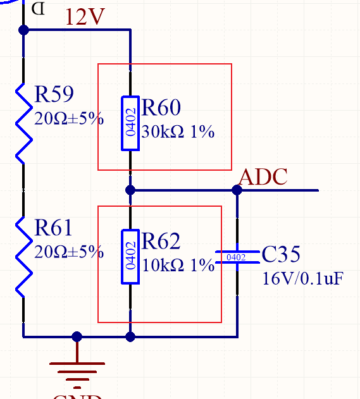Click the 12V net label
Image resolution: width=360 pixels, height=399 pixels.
(85, 17)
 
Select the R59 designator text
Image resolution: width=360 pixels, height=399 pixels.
(54, 95)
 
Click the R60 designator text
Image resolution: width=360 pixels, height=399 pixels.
(161, 108)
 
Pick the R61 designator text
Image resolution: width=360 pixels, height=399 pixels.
(54, 228)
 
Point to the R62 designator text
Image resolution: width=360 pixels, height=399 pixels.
(161, 242)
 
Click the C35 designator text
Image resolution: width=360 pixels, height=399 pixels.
(281, 255)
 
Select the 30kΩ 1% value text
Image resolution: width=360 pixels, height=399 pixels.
(178, 132)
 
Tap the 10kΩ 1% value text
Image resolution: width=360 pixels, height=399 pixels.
(178, 266)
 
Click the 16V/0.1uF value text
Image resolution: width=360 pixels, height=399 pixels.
(302, 278)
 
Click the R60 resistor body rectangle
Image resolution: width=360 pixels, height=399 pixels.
(130, 123)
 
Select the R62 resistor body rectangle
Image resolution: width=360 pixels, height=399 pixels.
(130, 257)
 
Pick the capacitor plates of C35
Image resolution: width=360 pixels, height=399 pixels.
(237, 257)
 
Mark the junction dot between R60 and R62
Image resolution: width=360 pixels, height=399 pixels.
(130, 190)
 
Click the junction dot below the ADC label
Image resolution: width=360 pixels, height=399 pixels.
(237, 190)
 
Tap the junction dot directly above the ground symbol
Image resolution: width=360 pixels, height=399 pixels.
(77, 336)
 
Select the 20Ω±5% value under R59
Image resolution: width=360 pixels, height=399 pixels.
(68, 118)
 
